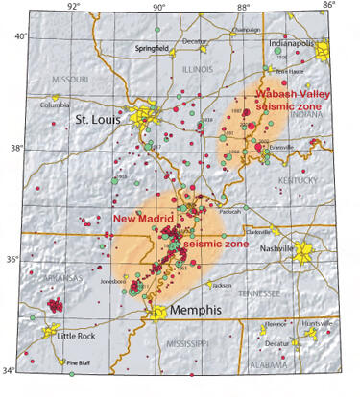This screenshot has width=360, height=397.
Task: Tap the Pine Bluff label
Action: tap(77, 362)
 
